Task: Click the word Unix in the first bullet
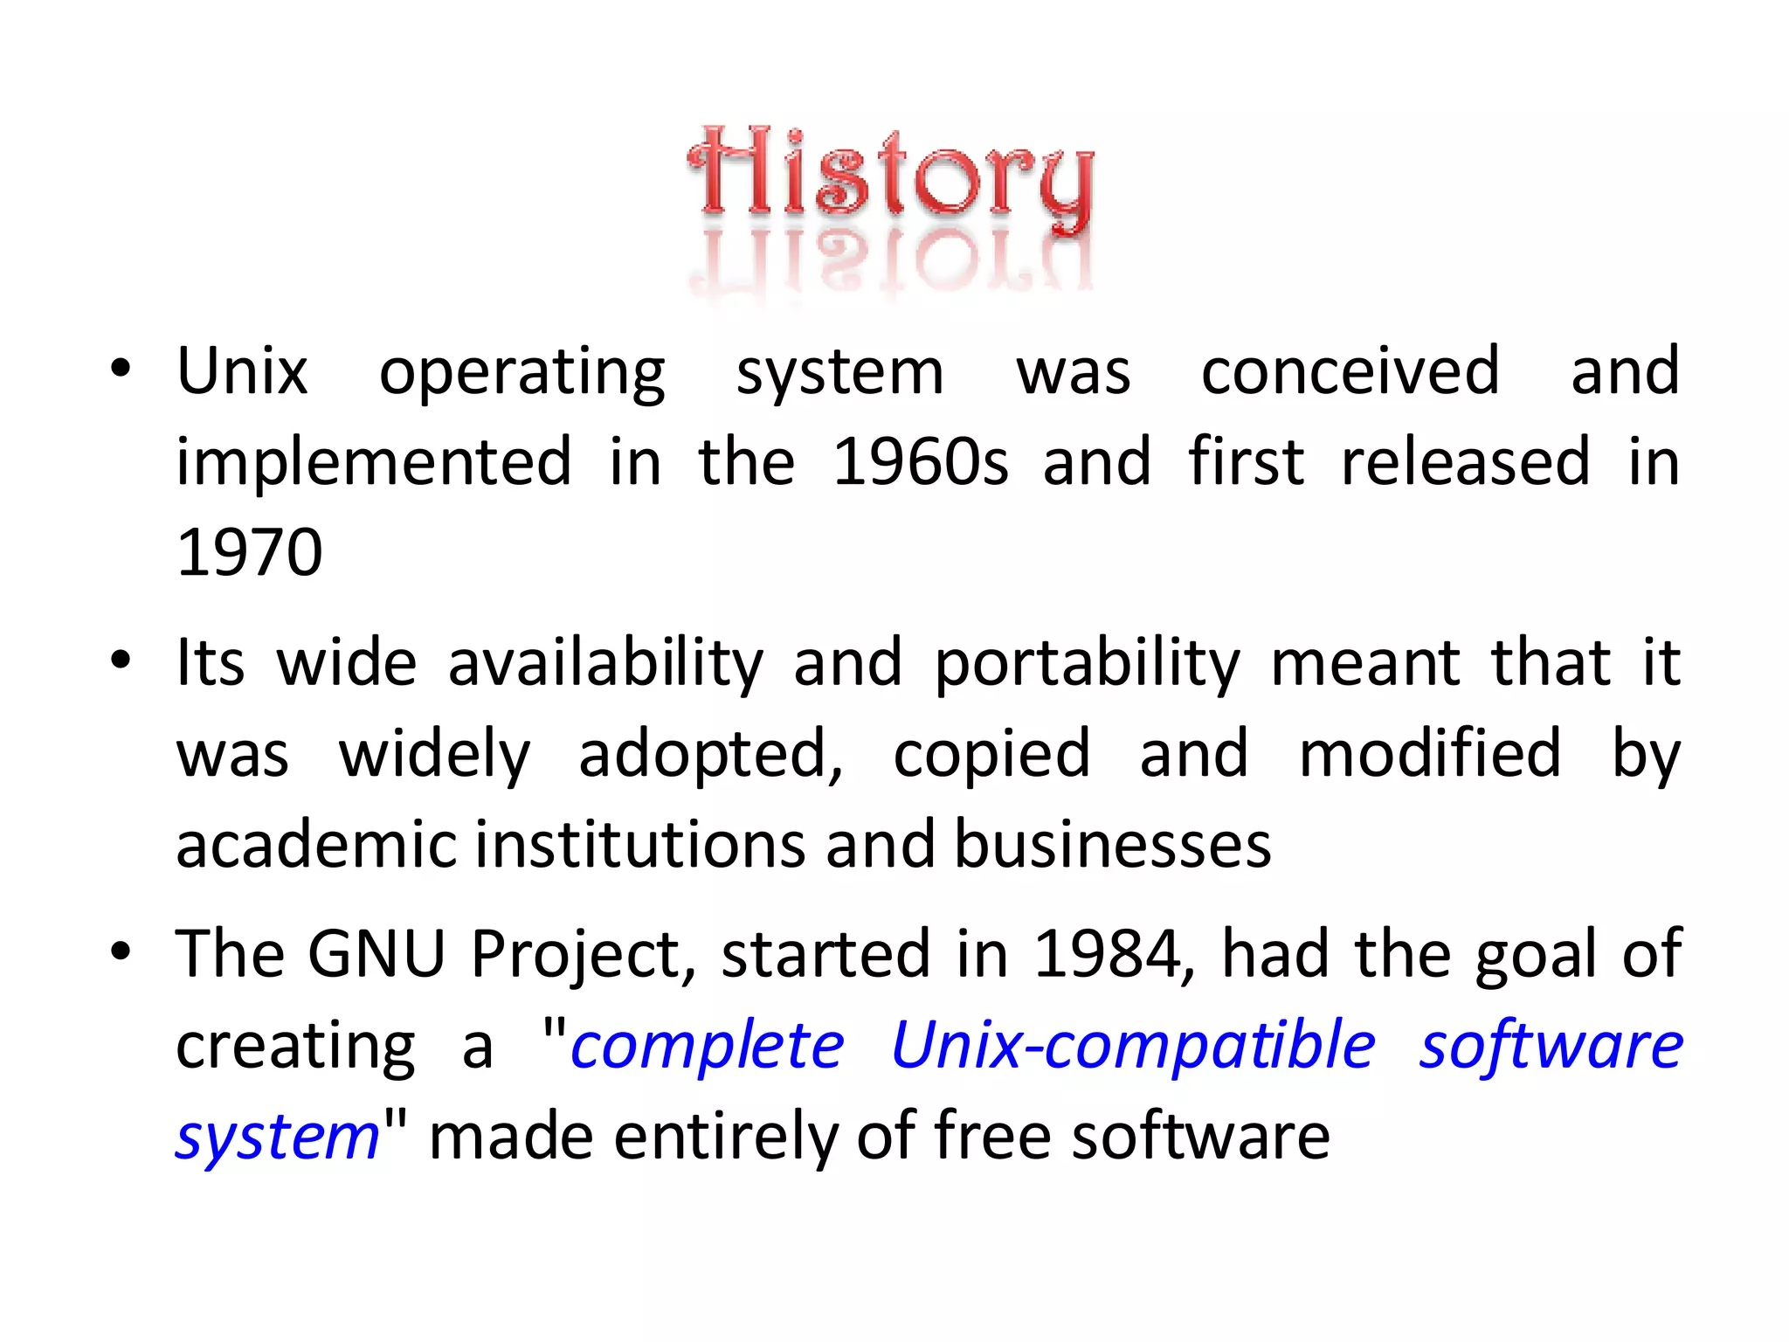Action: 242,372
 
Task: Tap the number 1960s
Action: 920,462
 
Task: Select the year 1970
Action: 249,553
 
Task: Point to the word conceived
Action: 1350,372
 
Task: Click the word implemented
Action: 374,462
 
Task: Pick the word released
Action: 1465,462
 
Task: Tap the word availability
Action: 605,664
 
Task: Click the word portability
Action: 1087,664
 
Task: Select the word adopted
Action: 710,754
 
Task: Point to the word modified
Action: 1429,754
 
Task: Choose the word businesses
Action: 1112,845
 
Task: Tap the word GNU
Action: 376,953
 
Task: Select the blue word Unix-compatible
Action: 1133,1045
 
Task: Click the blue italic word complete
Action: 707,1047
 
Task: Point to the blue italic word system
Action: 277,1138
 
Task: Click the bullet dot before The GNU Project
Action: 121,951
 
